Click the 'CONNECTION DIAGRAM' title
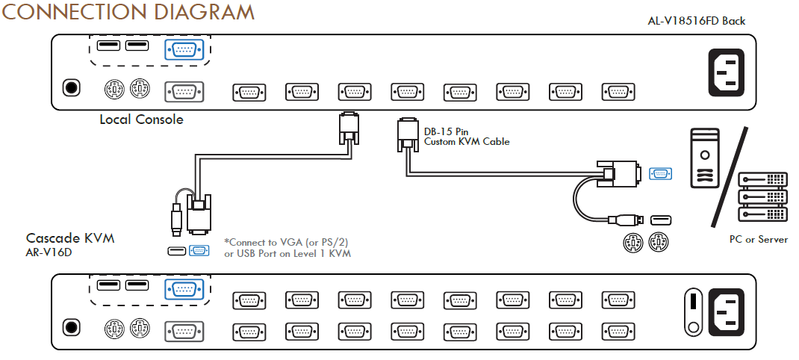(128, 11)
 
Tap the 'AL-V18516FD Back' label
(696, 21)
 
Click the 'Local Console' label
(141, 120)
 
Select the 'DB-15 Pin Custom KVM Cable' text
(467, 136)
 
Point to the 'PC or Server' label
(758, 239)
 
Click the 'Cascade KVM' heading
(70, 238)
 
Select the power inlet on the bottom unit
(726, 313)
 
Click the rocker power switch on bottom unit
(693, 313)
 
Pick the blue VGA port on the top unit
(184, 50)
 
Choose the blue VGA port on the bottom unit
(184, 289)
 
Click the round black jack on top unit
(72, 87)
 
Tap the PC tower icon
(705, 158)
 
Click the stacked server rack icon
(762, 196)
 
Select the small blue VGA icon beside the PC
(660, 173)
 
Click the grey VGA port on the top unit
(184, 93)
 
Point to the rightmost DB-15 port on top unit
(618, 93)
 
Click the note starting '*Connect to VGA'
(287, 247)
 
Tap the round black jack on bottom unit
(72, 327)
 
